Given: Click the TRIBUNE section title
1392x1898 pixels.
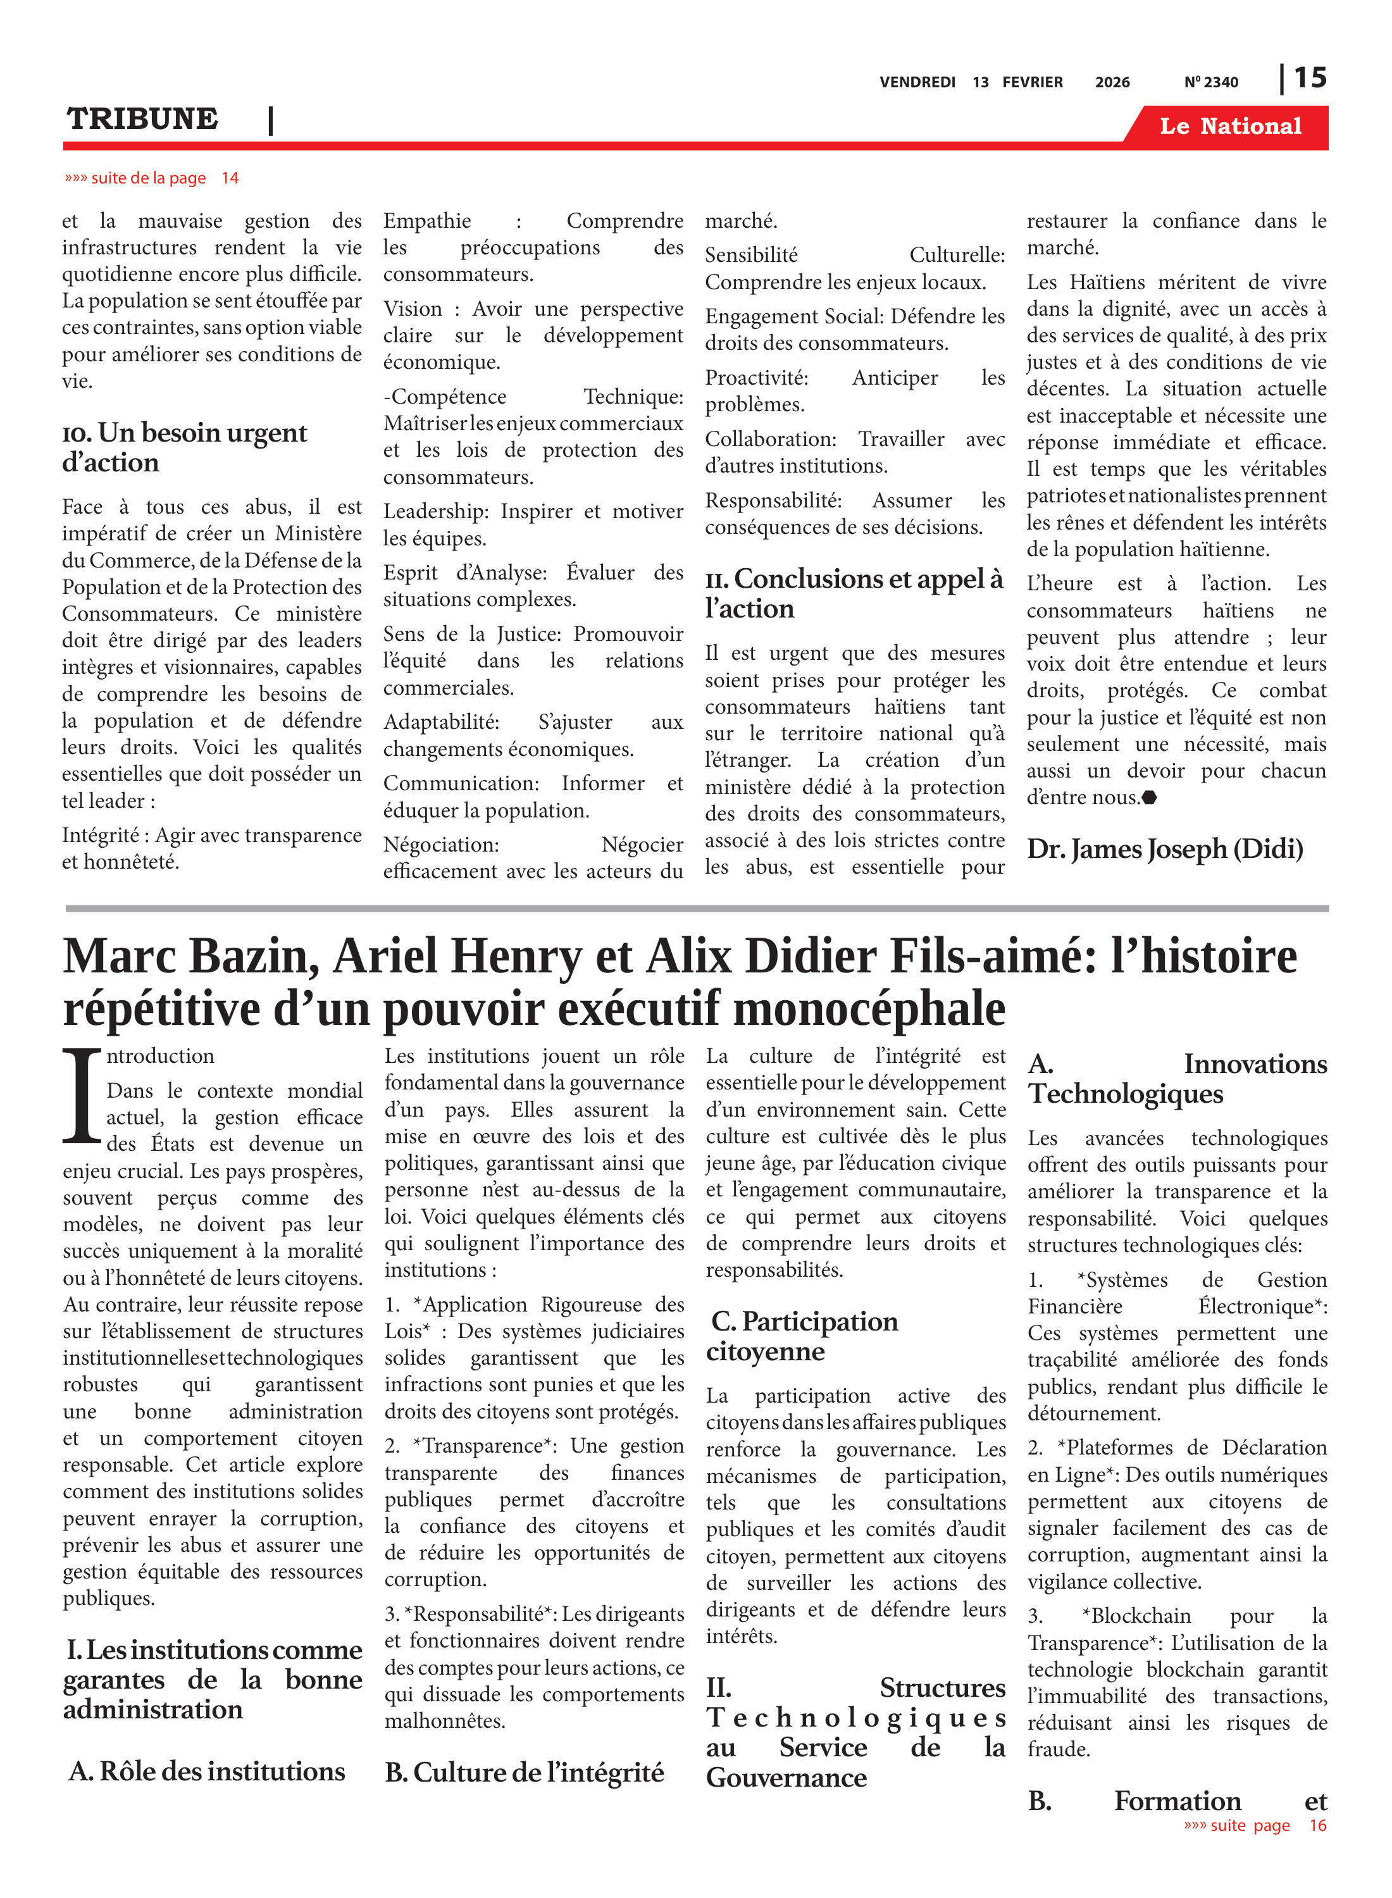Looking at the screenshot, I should click(142, 119).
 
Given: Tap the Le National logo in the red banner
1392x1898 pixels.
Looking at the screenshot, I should click(1229, 127).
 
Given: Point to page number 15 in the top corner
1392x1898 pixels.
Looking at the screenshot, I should click(1309, 78).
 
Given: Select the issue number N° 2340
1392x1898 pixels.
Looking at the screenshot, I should click(1211, 82).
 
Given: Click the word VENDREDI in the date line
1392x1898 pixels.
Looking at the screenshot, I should click(917, 82).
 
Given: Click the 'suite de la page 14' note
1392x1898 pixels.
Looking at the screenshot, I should click(152, 178).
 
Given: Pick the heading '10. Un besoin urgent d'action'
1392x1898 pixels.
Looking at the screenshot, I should click(185, 447).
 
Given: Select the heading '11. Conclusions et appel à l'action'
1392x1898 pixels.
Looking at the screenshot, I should click(854, 593).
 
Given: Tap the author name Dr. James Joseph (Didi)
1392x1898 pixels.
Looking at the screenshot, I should click(1164, 849).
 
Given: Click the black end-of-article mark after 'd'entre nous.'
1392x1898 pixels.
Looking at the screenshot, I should click(1149, 797).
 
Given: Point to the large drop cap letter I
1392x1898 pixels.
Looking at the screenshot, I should click(83, 1096).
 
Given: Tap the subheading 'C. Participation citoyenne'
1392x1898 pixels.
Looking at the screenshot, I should click(802, 1336).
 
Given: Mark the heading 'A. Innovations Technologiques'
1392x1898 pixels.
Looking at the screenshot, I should click(1176, 1078).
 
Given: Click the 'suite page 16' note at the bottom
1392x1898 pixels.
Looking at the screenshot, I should click(1255, 1825).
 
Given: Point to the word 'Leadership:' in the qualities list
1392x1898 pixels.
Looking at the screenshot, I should click(435, 511).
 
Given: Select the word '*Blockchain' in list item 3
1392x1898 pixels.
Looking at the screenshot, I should click(1136, 1616).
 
